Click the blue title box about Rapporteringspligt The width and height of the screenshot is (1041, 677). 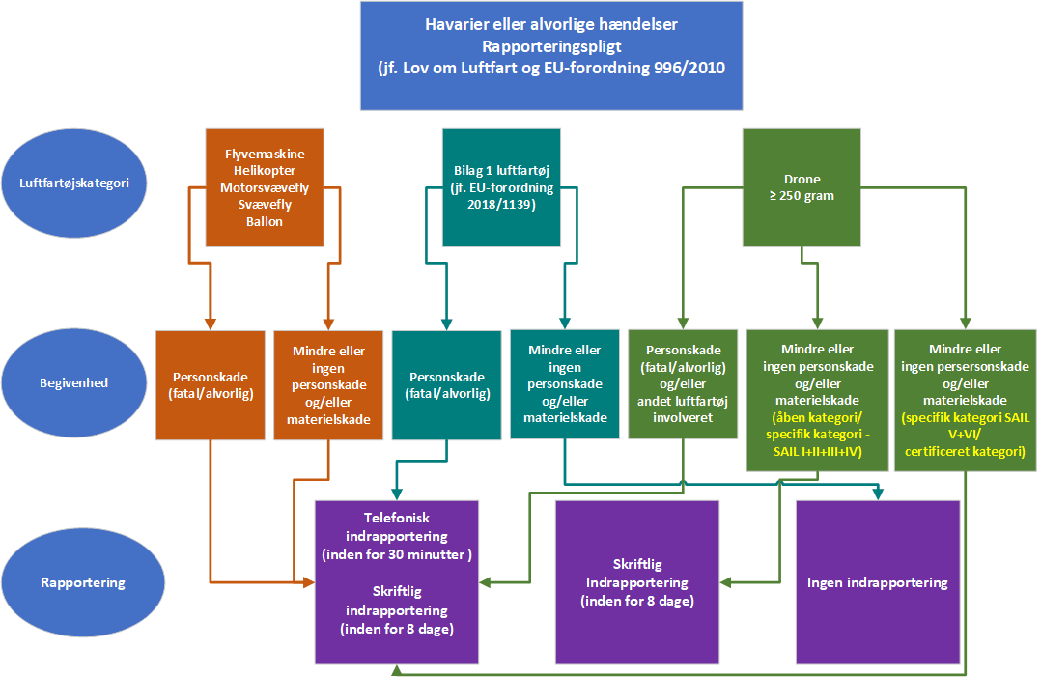click(551, 55)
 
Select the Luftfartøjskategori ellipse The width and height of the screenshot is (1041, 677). click(74, 182)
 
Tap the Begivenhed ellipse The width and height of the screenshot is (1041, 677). click(74, 382)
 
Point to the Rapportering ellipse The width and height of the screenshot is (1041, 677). click(74, 582)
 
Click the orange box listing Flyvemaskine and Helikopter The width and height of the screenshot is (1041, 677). click(264, 186)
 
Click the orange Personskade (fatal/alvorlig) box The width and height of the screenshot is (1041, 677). click(210, 384)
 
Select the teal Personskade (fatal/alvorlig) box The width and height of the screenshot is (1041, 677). click(446, 384)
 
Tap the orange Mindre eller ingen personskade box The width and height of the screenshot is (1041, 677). click(328, 384)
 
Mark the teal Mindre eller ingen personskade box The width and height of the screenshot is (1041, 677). click(564, 383)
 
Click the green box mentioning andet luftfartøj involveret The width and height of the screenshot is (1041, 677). click(683, 384)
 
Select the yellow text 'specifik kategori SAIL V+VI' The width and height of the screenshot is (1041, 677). click(965, 435)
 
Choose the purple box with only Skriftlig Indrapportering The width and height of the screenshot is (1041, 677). click(636, 582)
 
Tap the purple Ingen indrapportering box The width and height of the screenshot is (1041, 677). click(877, 582)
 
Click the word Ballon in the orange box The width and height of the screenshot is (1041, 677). click(265, 221)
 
